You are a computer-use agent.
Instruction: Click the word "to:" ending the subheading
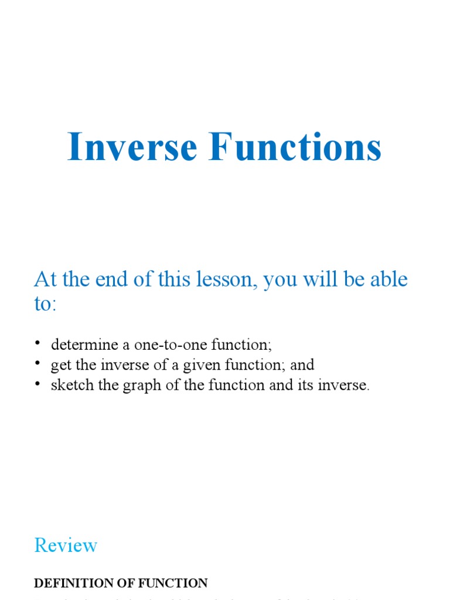pos(45,304)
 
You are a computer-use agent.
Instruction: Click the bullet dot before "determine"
pos(38,343)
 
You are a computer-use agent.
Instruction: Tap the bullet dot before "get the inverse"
pos(38,364)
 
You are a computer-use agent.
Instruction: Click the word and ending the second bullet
pos(302,365)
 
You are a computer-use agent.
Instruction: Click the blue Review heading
pos(66,546)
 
